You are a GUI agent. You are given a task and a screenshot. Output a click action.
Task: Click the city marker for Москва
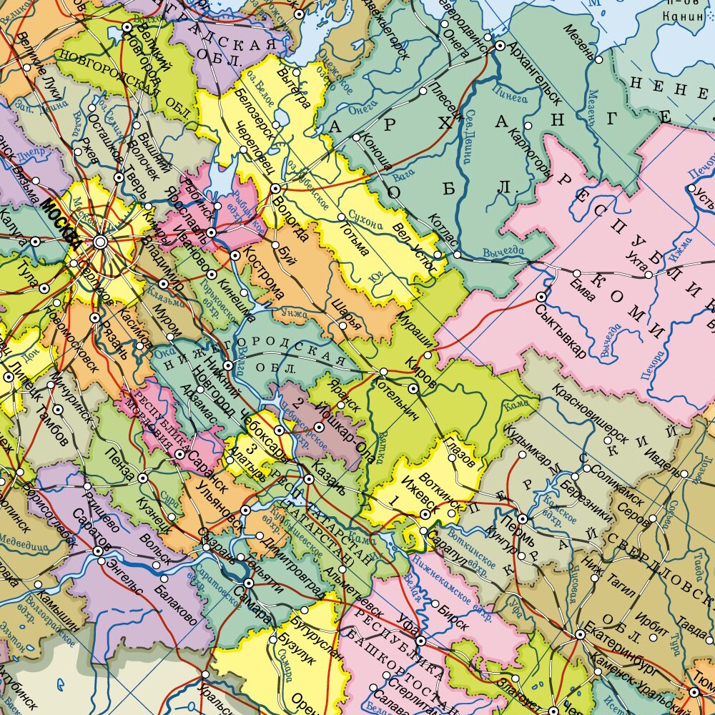click(100, 242)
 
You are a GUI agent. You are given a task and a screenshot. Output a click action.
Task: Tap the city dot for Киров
click(413, 388)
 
